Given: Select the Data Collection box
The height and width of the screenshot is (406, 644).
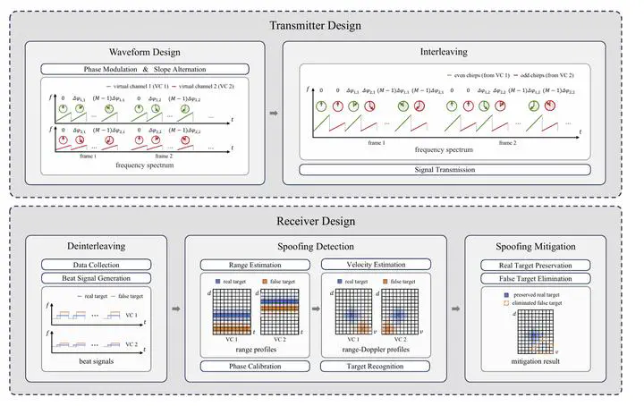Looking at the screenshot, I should [94, 265].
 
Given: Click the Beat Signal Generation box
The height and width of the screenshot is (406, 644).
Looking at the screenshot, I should [94, 279].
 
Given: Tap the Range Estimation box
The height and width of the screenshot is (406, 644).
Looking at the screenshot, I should [251, 265].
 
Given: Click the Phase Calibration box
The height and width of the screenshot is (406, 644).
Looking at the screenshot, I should [251, 365].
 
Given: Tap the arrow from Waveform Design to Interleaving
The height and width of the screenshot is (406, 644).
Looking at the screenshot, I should [274, 114].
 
